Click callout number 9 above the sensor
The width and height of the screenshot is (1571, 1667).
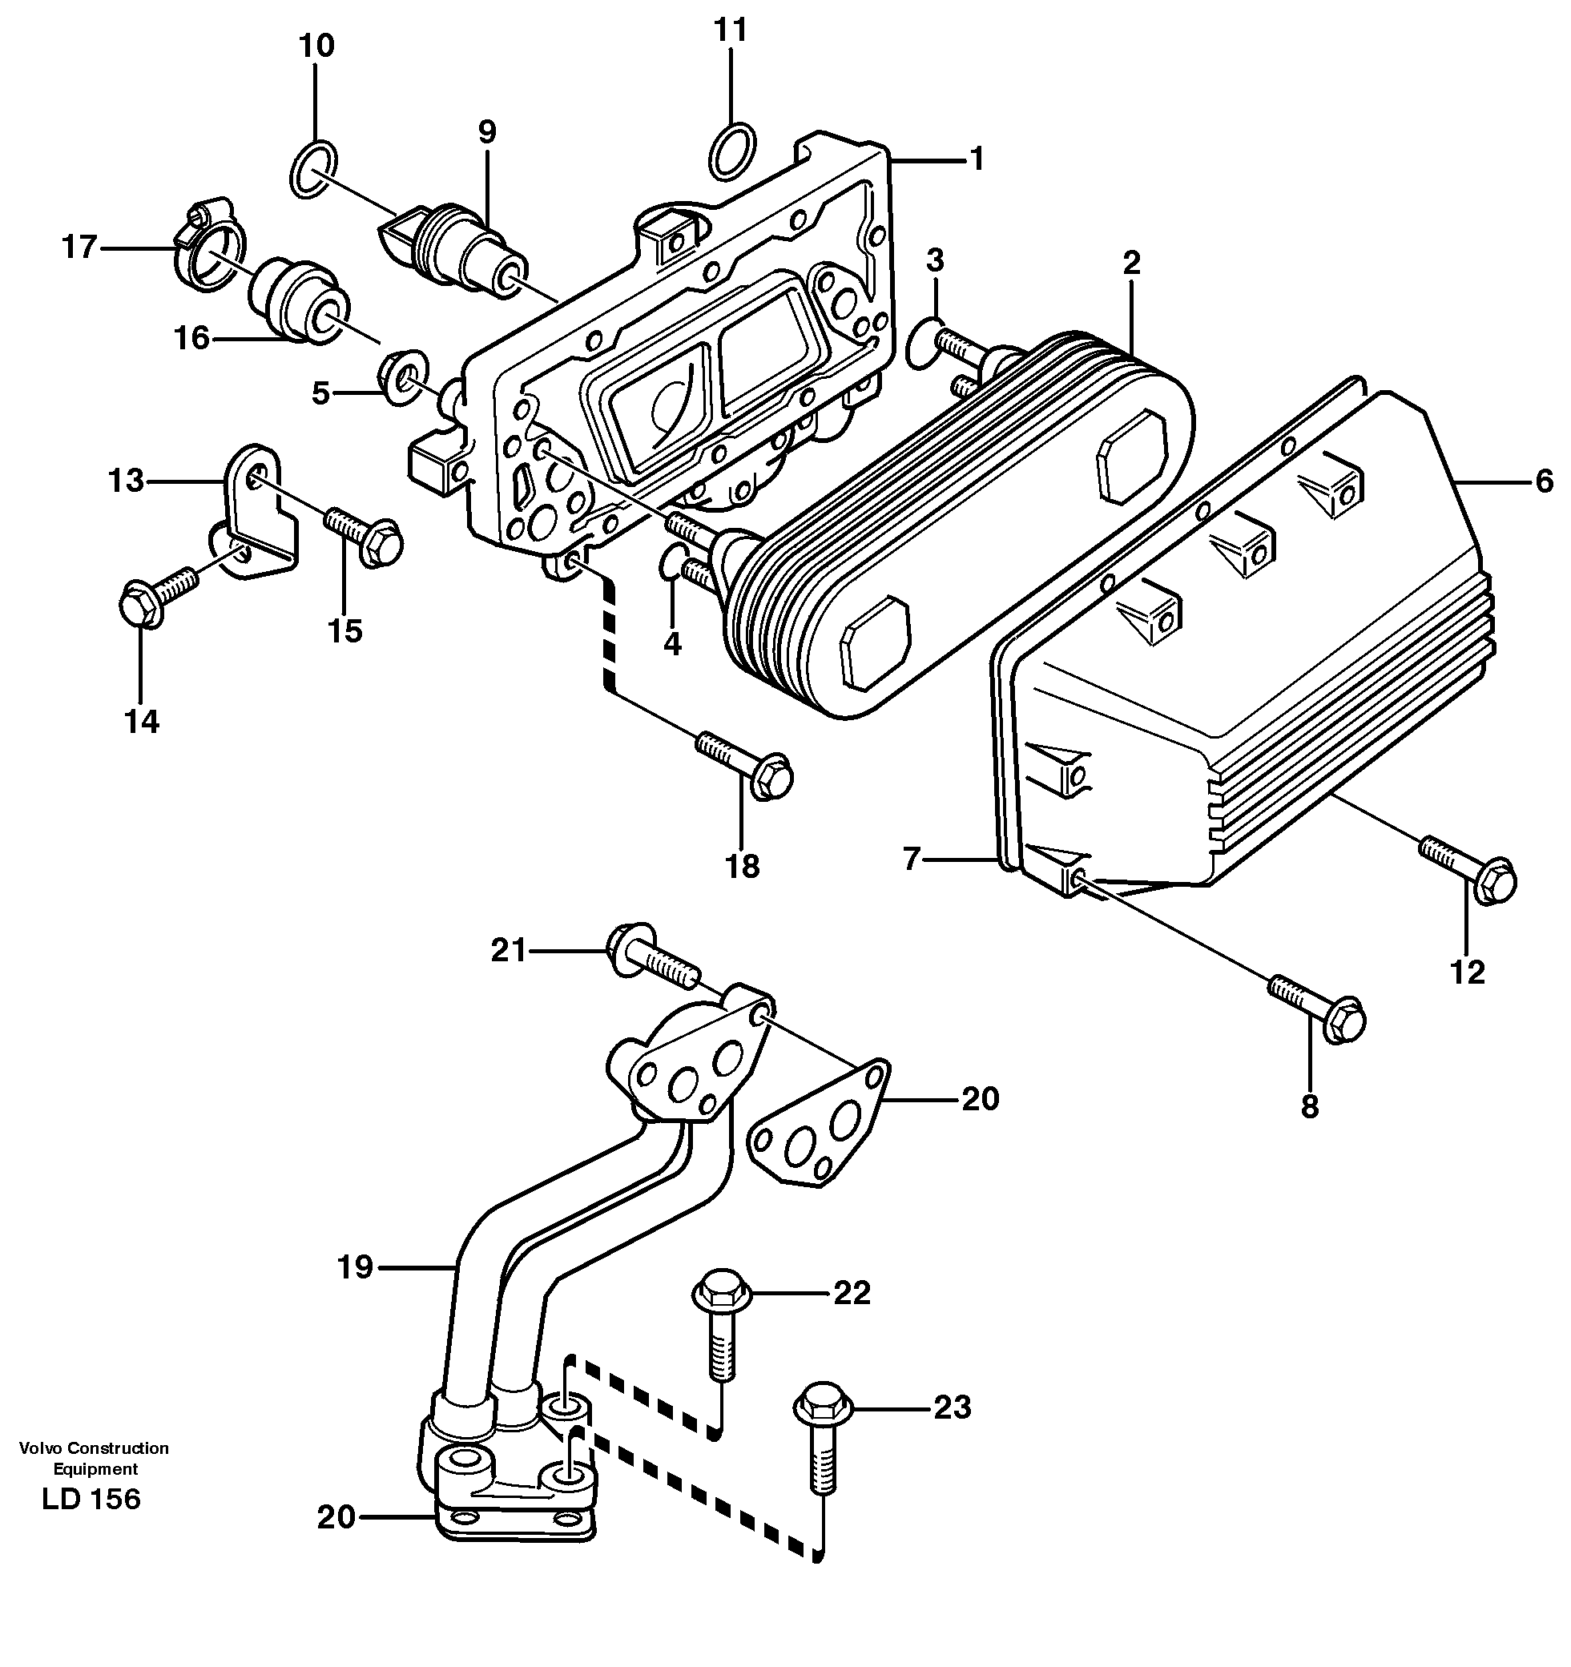point(486,131)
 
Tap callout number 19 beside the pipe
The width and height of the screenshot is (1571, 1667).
point(355,1266)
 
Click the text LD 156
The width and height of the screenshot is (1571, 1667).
point(91,1498)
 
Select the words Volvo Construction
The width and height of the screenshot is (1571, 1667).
point(94,1448)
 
